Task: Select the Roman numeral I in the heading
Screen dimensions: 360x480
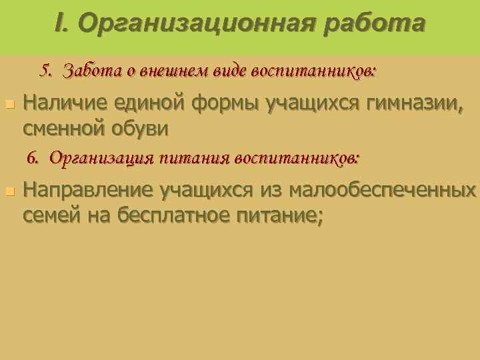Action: click(x=60, y=24)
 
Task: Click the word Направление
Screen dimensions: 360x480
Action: click(x=88, y=192)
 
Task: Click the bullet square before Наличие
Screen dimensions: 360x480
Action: click(x=9, y=105)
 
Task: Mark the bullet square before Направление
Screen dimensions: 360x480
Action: click(x=9, y=191)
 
